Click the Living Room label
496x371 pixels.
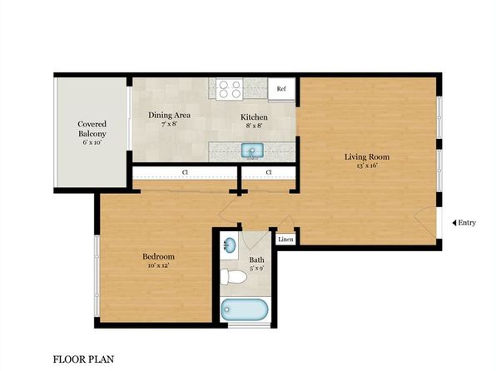point(367,156)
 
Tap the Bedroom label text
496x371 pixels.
point(156,257)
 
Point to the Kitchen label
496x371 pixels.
point(254,117)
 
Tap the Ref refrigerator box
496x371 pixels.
point(281,88)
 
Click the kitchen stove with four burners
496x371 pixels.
point(229,88)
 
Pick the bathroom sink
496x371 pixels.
point(230,246)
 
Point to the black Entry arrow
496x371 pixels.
point(454,223)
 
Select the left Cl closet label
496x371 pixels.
point(185,173)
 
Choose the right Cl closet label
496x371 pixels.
point(269,173)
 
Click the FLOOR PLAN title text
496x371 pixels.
point(83,359)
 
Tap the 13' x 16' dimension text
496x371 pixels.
point(367,166)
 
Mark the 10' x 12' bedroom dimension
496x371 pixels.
point(156,267)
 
